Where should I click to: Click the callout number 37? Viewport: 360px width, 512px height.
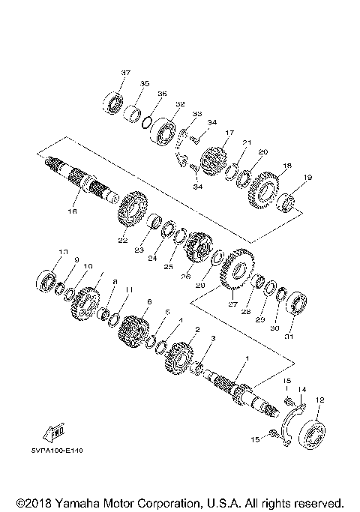[125, 73]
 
